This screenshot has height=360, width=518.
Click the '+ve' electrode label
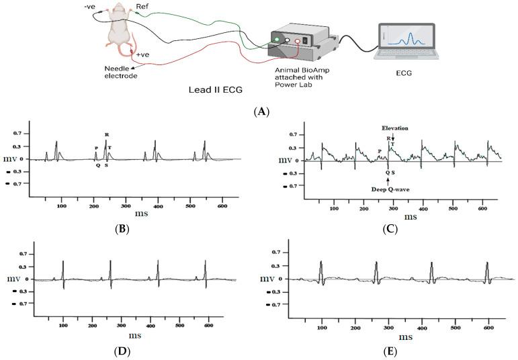tap(143, 55)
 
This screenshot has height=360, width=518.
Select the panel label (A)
tap(259, 111)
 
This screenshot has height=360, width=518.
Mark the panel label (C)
tap(388, 228)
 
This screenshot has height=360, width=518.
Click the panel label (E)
tap(388, 351)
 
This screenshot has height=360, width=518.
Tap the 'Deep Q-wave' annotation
tap(388, 189)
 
